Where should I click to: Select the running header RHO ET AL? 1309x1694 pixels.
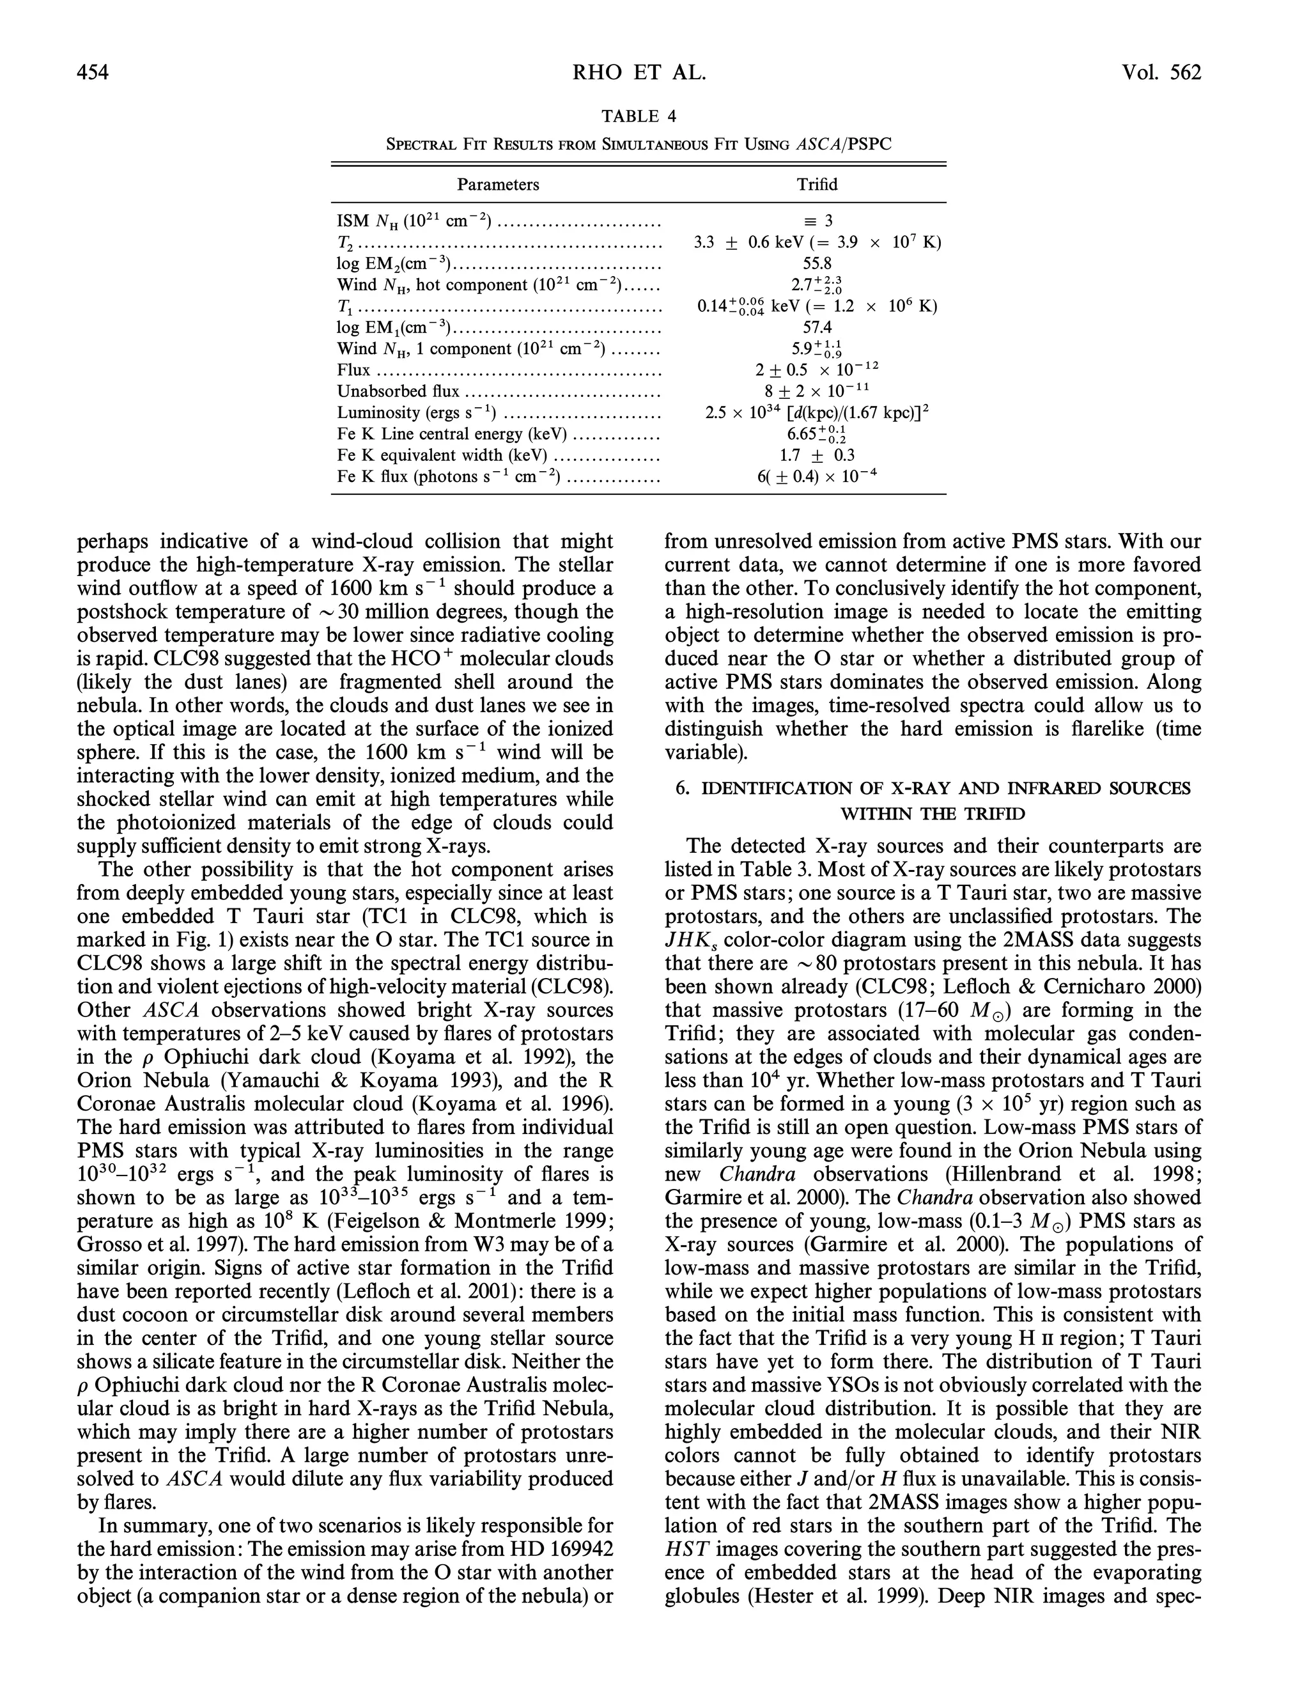[x=639, y=73]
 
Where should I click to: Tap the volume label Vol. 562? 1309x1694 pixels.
[x=1160, y=73]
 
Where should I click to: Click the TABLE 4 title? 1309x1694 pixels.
[x=639, y=116]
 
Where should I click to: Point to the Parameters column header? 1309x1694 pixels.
[x=498, y=185]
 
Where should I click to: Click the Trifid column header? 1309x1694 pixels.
[x=817, y=185]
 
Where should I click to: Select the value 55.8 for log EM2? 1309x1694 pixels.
[x=817, y=264]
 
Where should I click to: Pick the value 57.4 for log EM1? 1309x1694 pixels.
[x=817, y=328]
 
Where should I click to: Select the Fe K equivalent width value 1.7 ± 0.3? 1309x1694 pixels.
[x=817, y=455]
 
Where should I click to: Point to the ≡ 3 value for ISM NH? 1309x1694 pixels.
[x=817, y=221]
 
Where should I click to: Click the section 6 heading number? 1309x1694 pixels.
[x=681, y=789]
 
